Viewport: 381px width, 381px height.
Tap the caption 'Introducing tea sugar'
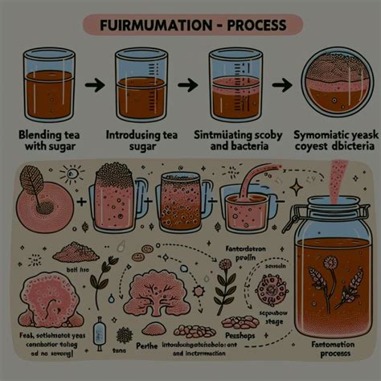pos(143,141)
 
